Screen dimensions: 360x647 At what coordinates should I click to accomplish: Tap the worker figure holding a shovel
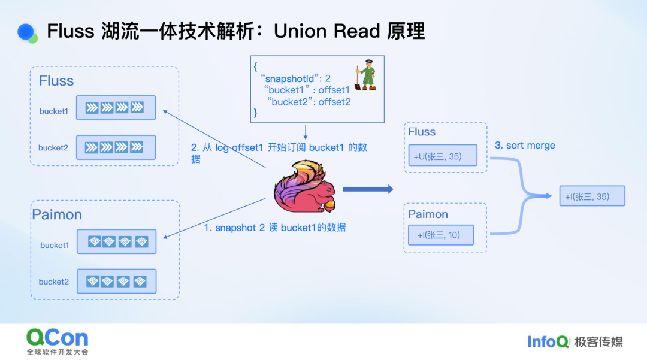365,75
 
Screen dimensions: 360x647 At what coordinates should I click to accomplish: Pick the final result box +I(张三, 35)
592,196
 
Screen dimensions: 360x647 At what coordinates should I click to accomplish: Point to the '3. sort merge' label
525,146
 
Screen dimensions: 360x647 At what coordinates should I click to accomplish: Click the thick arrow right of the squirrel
368,189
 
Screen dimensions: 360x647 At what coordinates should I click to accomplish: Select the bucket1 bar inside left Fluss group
116,108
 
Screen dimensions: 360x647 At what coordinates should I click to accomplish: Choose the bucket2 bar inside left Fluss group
116,147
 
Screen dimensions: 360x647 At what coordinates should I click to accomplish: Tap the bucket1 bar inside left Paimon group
116,242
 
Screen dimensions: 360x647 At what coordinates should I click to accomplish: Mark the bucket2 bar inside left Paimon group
116,282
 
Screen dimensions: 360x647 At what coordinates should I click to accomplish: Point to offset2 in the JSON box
334,102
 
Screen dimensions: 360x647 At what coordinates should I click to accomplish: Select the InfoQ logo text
548,341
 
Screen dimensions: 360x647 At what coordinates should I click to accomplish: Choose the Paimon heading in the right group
428,214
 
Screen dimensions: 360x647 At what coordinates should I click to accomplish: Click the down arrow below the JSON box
306,132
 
